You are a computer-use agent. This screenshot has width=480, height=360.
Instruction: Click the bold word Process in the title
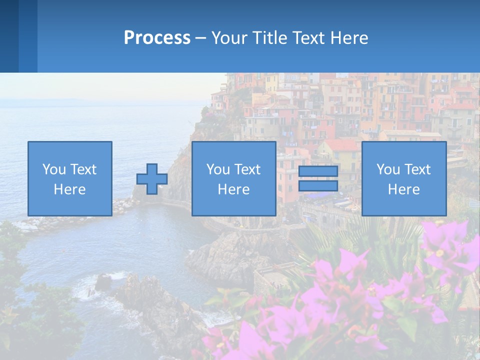click(x=157, y=38)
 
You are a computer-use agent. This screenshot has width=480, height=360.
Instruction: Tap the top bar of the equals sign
click(x=318, y=171)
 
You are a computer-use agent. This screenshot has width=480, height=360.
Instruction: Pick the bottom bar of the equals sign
click(x=318, y=185)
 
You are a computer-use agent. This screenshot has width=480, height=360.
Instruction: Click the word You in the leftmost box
click(x=53, y=169)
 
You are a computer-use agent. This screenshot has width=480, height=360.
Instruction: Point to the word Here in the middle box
click(x=234, y=189)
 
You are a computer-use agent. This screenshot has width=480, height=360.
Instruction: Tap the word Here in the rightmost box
click(x=404, y=189)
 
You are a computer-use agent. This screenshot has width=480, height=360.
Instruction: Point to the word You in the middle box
click(x=217, y=169)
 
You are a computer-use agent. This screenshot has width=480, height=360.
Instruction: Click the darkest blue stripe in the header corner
click(x=9, y=36)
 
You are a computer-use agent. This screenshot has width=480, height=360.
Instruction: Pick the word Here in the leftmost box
click(x=70, y=189)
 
